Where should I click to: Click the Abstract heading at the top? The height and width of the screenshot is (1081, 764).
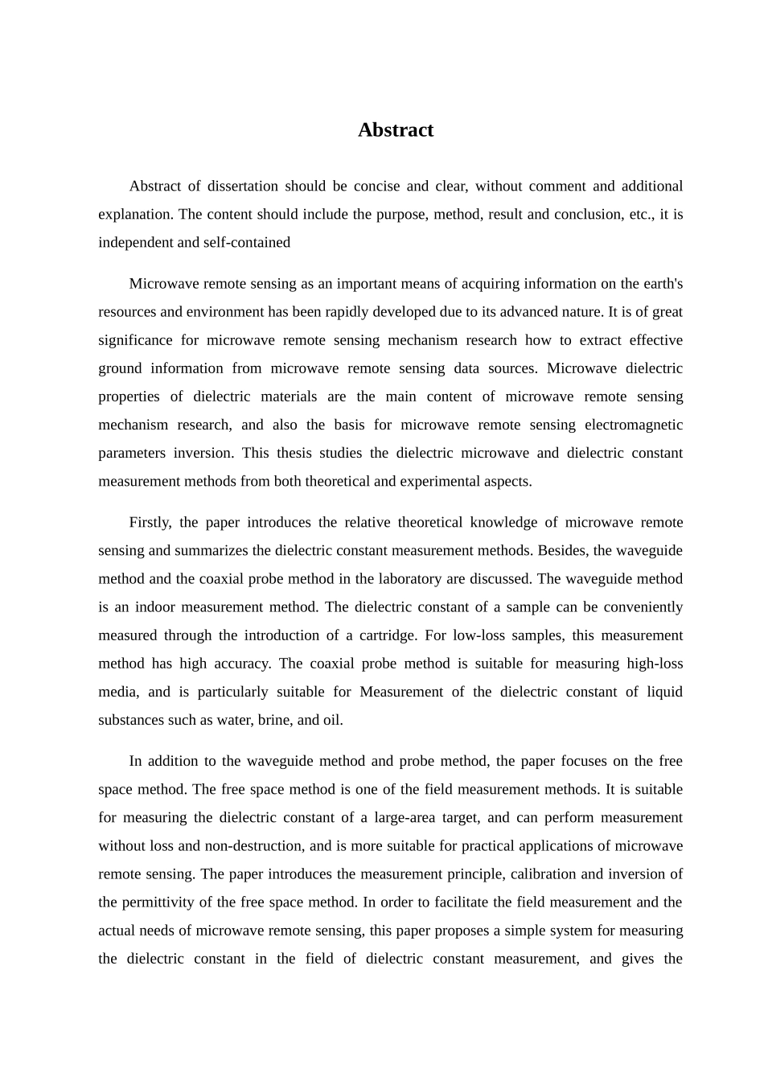tap(395, 130)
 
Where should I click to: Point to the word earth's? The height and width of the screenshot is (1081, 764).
tap(663, 283)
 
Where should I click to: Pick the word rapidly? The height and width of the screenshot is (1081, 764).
tap(388, 311)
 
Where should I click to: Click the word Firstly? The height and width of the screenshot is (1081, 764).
tap(150, 522)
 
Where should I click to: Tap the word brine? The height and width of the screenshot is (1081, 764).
tap(273, 719)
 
